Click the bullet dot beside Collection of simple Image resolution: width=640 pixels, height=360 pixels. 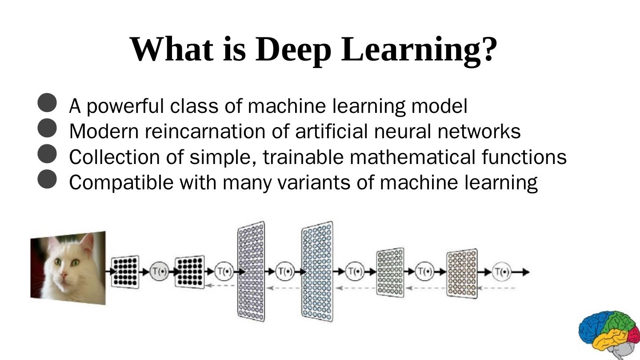(x=47, y=154)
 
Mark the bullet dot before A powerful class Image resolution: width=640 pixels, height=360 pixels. (x=47, y=103)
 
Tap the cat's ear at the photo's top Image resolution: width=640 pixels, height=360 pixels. (x=88, y=243)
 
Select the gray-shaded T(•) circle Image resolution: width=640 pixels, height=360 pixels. (x=159, y=272)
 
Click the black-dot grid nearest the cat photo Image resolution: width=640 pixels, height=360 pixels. (x=125, y=272)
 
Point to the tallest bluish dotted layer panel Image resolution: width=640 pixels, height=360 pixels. (x=317, y=271)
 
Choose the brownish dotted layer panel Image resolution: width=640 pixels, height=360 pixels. (x=462, y=273)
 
